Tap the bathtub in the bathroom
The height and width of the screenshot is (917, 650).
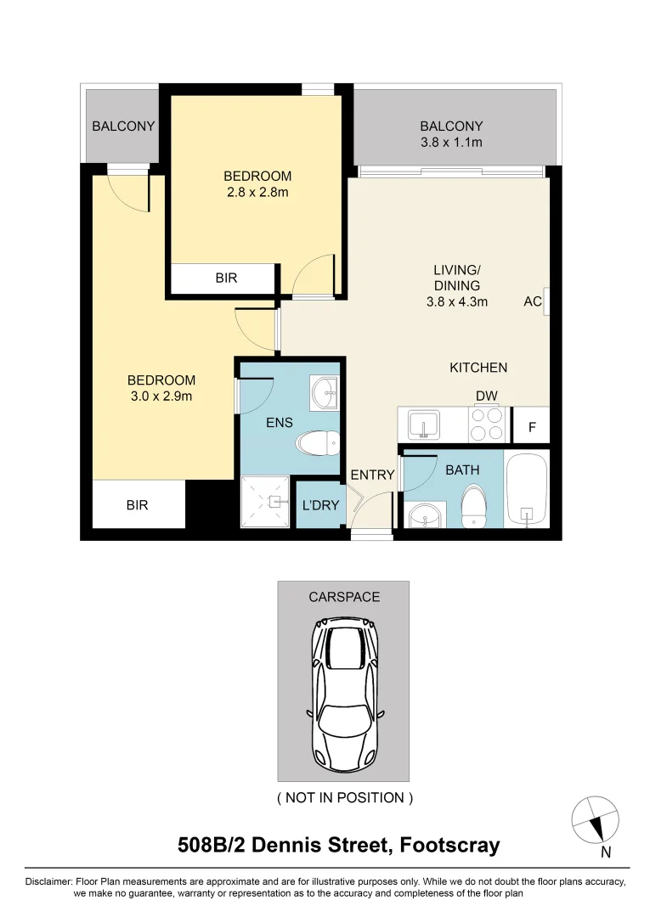pos(527,489)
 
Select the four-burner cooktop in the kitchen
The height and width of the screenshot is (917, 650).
pos(488,424)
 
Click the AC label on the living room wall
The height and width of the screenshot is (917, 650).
pos(533,301)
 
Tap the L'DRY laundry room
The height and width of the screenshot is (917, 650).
pos(320,504)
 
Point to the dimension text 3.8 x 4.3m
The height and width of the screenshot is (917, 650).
pos(457,301)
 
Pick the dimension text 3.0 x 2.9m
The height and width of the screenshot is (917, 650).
pos(161,396)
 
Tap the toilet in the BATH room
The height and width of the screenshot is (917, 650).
pos(473,505)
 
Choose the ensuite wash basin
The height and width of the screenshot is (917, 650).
pos(324,391)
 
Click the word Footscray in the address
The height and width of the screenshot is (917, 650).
pos(449,846)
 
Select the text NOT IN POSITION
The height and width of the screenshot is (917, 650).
pos(345,797)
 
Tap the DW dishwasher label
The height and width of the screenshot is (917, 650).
pos(487,396)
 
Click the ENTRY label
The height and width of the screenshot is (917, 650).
pos(373,475)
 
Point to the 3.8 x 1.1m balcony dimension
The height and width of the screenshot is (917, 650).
pos(452,142)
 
